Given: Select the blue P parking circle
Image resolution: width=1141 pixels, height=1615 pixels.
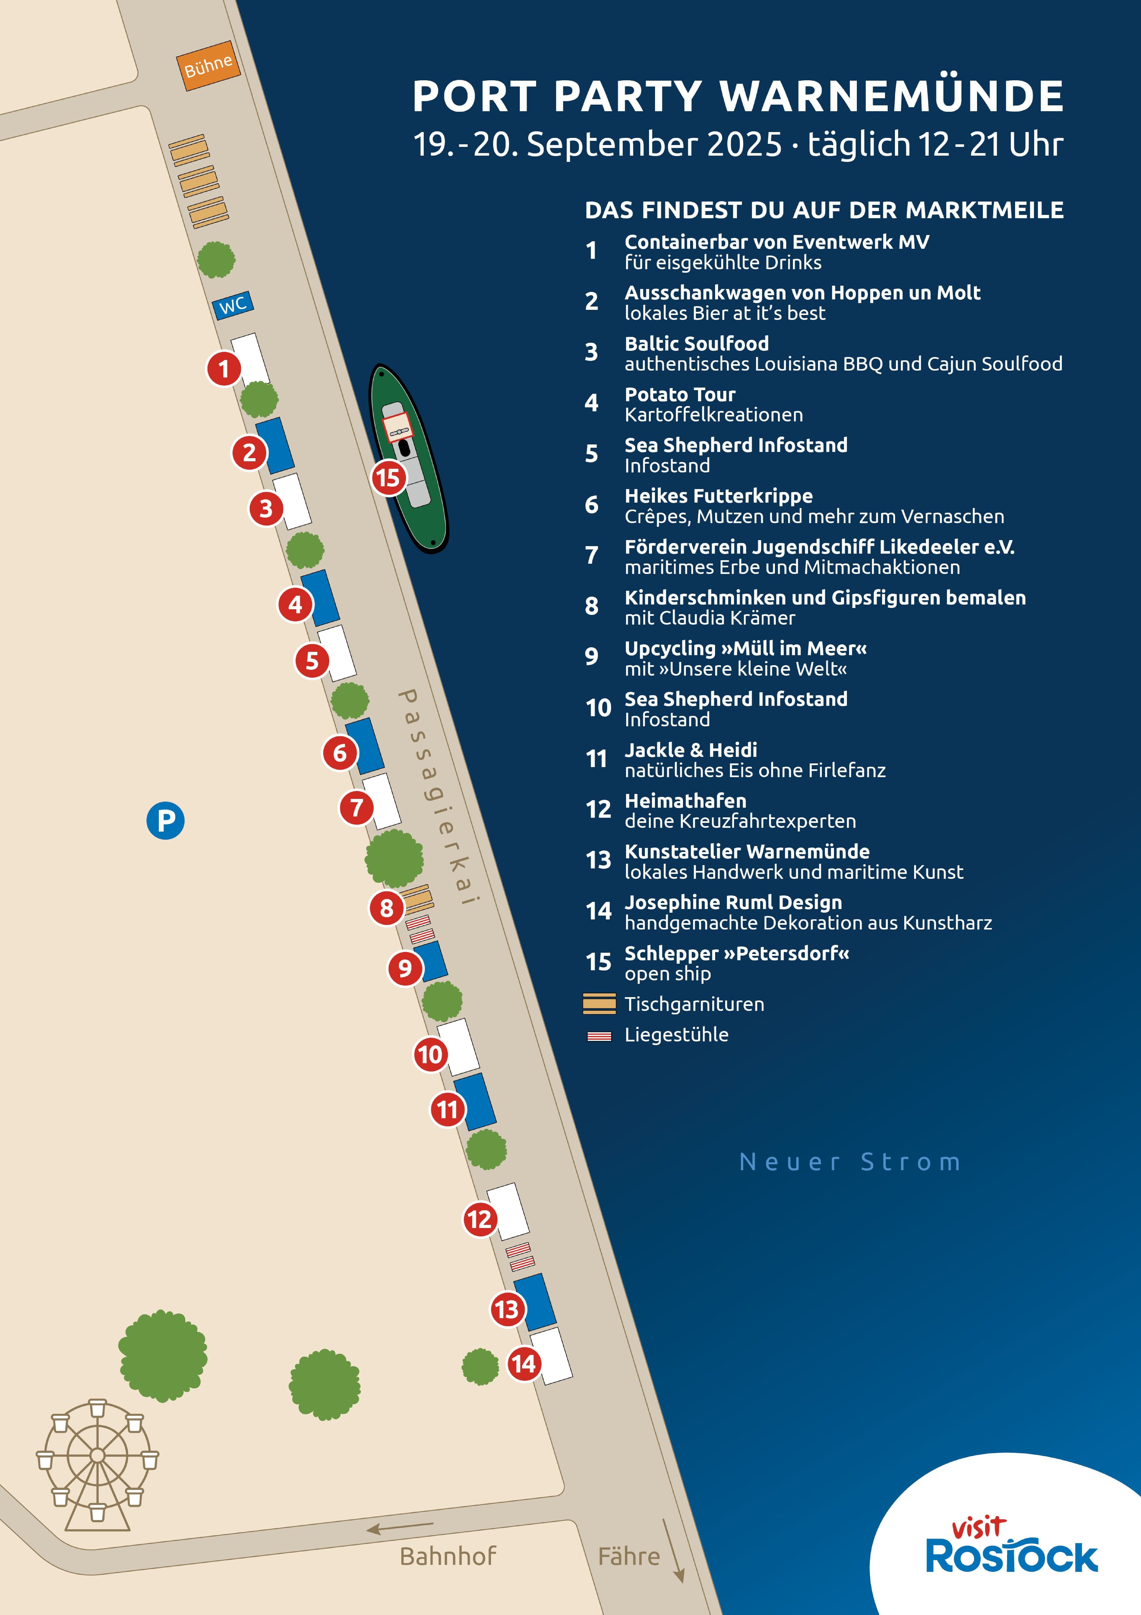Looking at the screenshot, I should [x=165, y=820].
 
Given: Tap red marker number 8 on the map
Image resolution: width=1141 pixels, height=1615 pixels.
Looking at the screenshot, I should [x=386, y=908].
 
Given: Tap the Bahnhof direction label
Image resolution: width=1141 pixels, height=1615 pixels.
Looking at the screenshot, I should [x=447, y=1557].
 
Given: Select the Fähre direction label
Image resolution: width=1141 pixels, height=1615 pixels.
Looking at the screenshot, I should [x=629, y=1557].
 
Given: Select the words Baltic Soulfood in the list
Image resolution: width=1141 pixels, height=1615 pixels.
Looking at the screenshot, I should [x=696, y=344].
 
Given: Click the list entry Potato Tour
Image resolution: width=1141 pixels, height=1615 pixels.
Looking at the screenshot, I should [x=680, y=395].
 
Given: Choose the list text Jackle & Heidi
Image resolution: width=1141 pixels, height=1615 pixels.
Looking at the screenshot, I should [x=691, y=750].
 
